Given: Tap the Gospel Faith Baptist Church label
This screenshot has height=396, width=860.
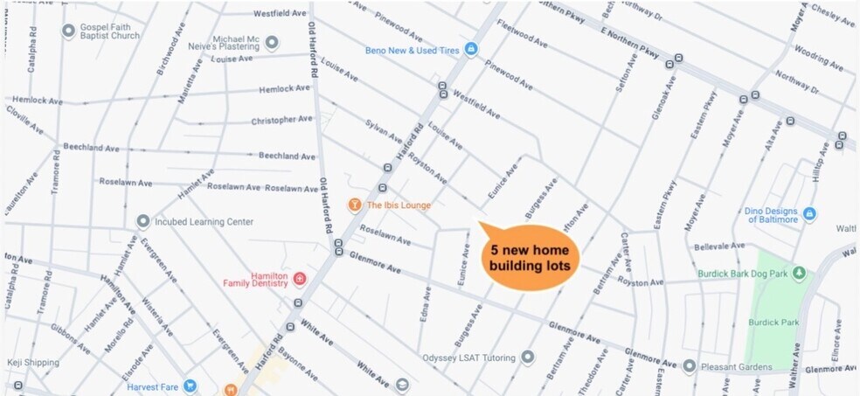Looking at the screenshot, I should point(111,31).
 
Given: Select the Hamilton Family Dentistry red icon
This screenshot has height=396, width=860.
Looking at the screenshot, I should point(300,279).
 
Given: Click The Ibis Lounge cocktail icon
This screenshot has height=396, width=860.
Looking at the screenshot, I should point(354,205).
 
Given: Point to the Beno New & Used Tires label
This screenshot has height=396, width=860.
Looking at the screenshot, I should point(413,49).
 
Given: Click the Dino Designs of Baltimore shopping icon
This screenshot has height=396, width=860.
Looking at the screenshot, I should point(809,214).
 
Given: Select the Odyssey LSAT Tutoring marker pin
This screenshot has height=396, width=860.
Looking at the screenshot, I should point(527,357).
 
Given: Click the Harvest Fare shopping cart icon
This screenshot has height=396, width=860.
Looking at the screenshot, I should point(190,386).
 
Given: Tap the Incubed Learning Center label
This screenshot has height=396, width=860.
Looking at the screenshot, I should point(204,222).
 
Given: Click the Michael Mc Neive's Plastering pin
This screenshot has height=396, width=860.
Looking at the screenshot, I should point(272,42).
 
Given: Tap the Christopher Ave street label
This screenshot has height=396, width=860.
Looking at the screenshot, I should point(281,120).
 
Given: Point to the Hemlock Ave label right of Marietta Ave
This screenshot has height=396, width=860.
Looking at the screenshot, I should point(284,89).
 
